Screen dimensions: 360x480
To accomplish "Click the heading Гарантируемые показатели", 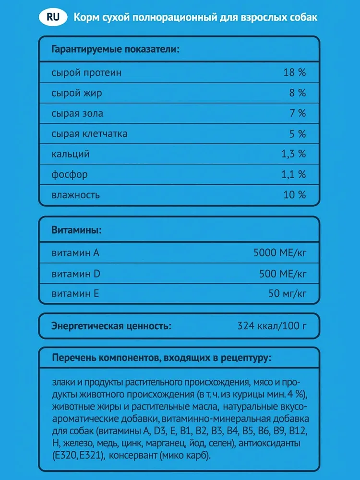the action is (115, 49).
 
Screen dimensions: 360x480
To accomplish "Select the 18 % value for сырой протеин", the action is (294, 73).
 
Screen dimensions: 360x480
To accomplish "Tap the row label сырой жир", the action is (77, 93).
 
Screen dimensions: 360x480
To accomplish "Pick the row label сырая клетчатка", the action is (89, 134).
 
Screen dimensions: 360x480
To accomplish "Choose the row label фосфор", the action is (70, 175).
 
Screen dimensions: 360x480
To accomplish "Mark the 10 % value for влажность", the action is (294, 195).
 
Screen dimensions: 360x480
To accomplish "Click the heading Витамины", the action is (76, 230).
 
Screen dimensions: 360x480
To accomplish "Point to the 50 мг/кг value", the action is (287, 293).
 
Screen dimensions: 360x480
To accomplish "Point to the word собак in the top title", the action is (303, 18).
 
